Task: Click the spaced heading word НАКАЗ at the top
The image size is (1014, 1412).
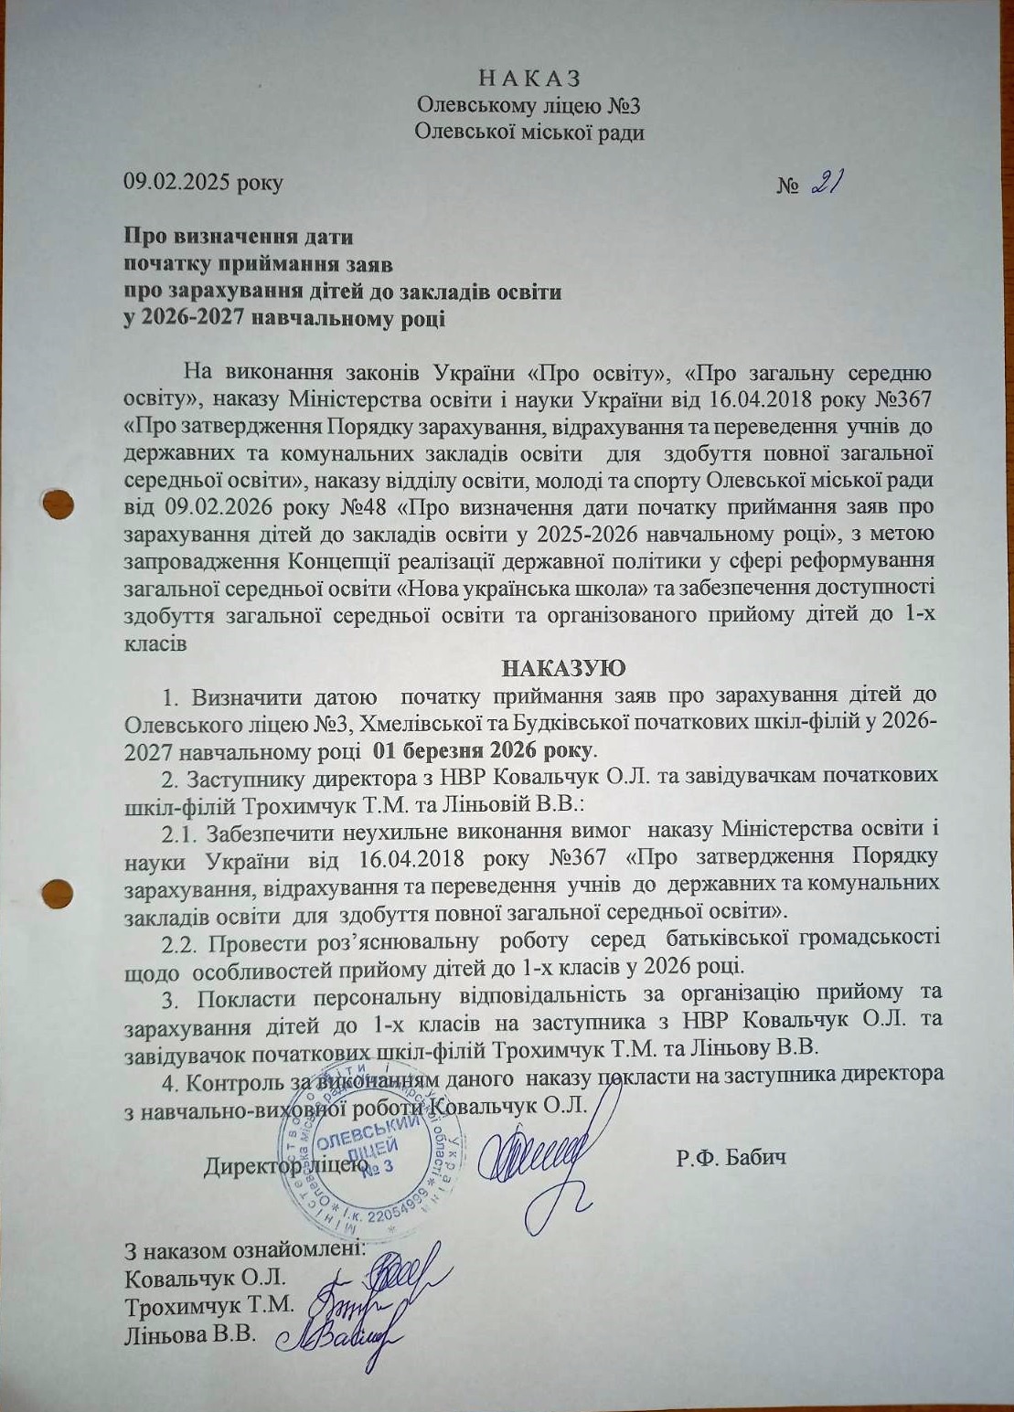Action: [529, 78]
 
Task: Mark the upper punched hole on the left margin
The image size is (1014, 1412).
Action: [59, 504]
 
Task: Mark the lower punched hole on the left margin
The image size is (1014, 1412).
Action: [58, 890]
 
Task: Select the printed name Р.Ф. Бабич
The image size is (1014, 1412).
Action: [731, 1158]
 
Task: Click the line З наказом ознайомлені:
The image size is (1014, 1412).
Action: [244, 1248]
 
